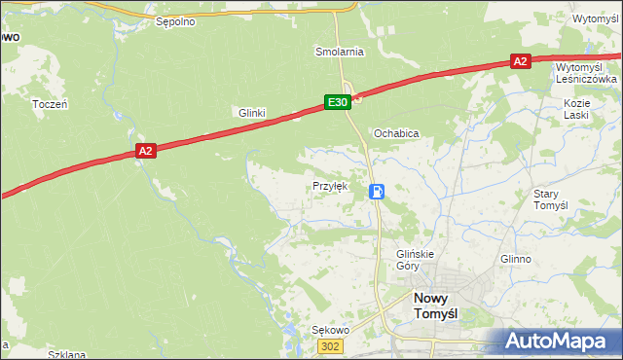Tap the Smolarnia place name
339,51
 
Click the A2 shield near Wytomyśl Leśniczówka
520,61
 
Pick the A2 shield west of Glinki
145,151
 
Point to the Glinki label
252,113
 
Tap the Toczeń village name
50,104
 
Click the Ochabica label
396,133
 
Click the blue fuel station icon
377,192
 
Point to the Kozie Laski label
576,109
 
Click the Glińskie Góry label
414,260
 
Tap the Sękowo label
329,330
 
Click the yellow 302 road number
332,347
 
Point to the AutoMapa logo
558,342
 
